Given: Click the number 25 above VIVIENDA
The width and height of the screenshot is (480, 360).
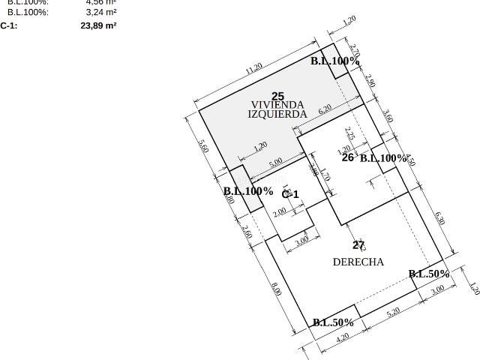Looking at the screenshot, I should point(278,96).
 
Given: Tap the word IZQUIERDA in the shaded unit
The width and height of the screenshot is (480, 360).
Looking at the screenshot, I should point(277,114).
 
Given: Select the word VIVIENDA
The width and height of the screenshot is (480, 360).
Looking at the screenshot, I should point(277,105).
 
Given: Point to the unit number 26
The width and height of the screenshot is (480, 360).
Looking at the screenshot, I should point(348,157).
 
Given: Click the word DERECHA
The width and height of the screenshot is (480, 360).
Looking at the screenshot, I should point(358,262).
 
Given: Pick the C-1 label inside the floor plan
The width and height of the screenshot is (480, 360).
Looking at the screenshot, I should point(290,194).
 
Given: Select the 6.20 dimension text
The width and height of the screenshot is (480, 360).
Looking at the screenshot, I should point(325,109).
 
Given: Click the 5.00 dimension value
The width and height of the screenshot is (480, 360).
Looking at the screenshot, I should point(275,161).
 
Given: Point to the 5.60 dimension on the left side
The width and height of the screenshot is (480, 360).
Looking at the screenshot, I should point(202,146).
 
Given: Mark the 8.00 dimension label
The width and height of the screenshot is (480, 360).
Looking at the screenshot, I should point(275,289).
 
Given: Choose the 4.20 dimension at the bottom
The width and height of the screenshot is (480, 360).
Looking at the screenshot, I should point(342,337).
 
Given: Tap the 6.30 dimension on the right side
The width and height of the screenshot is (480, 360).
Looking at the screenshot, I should point(440,219).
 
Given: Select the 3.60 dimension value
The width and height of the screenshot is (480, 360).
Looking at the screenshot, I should point(388,117).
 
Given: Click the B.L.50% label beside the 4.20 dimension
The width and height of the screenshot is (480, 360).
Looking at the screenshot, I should point(333,322).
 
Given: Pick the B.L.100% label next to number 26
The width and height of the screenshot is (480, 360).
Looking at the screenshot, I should point(383,158).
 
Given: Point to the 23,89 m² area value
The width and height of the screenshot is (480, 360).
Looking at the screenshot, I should point(98,25).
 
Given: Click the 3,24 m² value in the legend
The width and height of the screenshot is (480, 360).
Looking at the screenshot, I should point(100,12).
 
